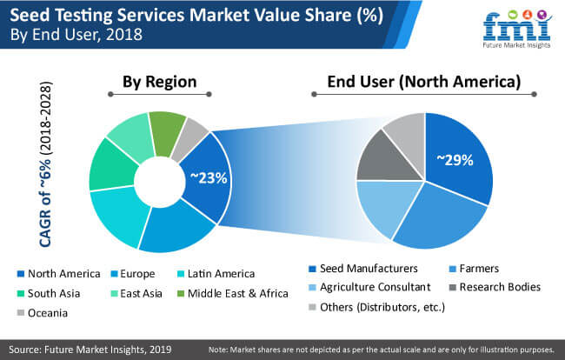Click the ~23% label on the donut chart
[x=209, y=178]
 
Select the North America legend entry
[x=56, y=273]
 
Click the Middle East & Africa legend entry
[x=232, y=292]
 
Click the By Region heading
[x=158, y=83]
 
